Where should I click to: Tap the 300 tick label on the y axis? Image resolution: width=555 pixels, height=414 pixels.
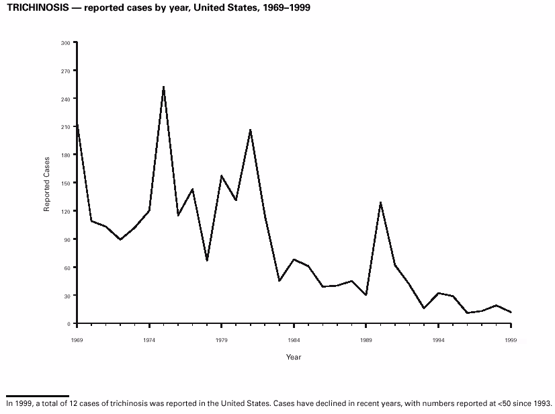click(65, 43)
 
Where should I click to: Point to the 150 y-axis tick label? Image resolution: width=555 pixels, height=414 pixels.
click(65, 183)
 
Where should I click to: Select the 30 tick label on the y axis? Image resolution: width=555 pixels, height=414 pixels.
click(67, 296)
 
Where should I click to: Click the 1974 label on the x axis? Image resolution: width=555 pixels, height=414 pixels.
click(149, 340)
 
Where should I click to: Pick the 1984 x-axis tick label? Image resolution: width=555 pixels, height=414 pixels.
click(294, 340)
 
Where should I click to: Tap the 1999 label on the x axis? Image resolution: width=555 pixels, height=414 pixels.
click(511, 340)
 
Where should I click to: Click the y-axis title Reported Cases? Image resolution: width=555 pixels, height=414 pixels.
click(47, 183)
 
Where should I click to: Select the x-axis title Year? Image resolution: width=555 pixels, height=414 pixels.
click(294, 357)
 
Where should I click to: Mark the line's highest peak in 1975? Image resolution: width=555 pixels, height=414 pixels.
click(163, 87)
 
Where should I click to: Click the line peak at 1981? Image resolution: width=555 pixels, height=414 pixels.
click(251, 130)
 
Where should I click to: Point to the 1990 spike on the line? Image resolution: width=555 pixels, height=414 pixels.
click(380, 202)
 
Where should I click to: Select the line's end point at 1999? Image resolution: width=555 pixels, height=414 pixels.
click(511, 312)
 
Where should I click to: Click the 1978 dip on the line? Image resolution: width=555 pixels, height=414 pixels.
click(207, 260)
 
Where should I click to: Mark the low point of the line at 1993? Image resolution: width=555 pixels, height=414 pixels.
click(424, 308)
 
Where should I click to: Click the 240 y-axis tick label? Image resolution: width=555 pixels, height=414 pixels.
click(65, 99)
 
